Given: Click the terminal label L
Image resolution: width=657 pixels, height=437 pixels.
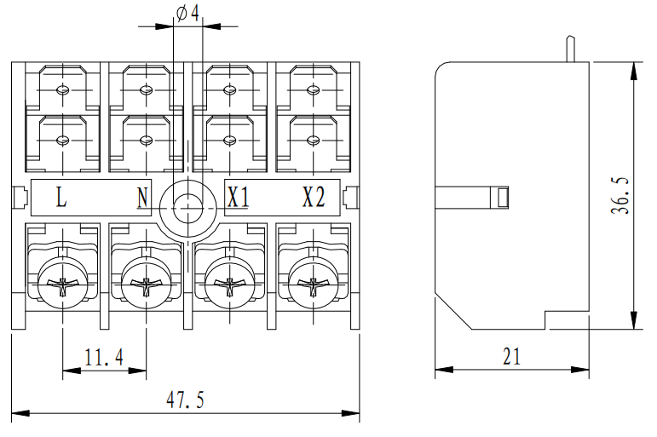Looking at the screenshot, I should pyautogui.click(x=61, y=198).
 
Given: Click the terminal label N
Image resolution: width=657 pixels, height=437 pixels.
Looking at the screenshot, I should pyautogui.click(x=142, y=198).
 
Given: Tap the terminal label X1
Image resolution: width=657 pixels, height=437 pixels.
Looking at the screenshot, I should pyautogui.click(x=238, y=198).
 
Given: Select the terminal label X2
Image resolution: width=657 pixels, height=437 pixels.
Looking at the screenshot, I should pyautogui.click(x=314, y=198).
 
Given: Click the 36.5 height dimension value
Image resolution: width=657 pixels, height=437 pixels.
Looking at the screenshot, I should pyautogui.click(x=620, y=197).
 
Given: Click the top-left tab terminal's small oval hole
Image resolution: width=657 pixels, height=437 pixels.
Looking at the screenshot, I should pyautogui.click(x=62, y=90).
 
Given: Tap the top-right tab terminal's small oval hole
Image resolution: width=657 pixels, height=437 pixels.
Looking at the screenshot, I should pyautogui.click(x=311, y=90).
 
